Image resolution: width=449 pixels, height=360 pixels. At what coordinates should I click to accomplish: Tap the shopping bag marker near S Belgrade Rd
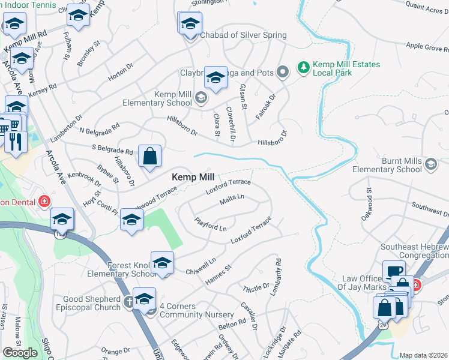click(x=149, y=157)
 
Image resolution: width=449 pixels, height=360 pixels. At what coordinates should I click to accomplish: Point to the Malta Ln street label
click(x=232, y=197)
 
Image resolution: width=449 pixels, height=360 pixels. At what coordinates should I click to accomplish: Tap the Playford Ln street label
click(x=210, y=224)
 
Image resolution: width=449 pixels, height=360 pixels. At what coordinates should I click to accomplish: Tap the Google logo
click(x=20, y=353)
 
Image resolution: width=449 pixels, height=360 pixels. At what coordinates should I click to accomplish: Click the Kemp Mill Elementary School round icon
click(x=200, y=98)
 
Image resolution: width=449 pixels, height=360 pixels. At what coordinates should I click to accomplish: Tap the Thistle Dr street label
click(x=256, y=288)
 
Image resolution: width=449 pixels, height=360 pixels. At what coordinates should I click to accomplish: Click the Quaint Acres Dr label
click(x=427, y=7)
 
